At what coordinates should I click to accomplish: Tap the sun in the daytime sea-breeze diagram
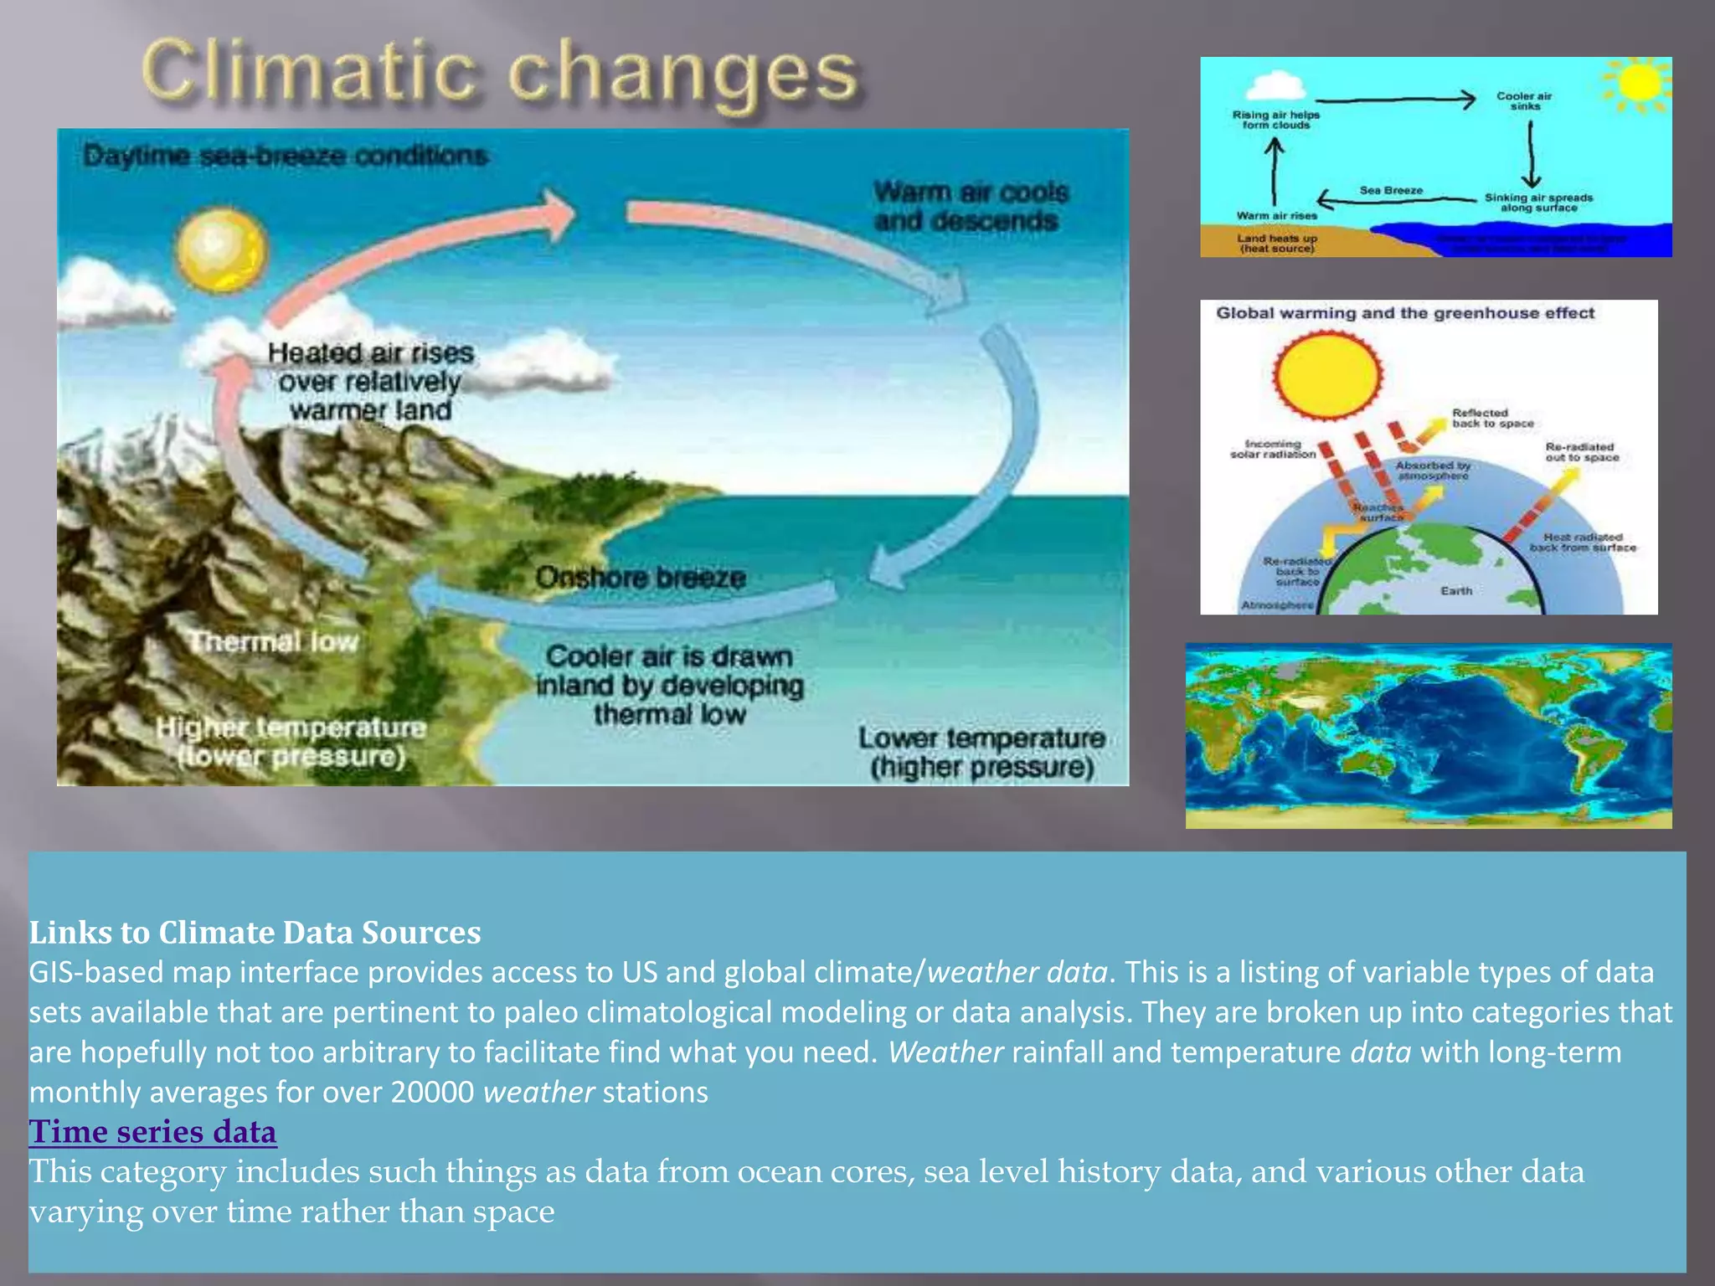[x=221, y=250]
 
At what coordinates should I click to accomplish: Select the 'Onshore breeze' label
[x=641, y=578]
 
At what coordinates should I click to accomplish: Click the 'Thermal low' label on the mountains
[x=274, y=642]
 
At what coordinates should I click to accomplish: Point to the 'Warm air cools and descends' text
[x=971, y=207]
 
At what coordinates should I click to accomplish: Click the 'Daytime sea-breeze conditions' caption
[x=286, y=156]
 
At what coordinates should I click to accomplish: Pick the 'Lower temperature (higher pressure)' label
[x=981, y=753]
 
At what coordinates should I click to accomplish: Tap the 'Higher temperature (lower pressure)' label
[x=291, y=742]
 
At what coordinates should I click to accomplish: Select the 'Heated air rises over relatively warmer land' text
[x=371, y=382]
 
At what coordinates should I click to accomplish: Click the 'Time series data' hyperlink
[x=152, y=1132]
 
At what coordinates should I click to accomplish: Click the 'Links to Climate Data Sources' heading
[x=255, y=933]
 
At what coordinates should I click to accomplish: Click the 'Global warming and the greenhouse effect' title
[x=1405, y=313]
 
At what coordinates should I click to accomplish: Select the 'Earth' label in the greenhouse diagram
[x=1456, y=591]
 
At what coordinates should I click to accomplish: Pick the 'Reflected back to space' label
[x=1492, y=419]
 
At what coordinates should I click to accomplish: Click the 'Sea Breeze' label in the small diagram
[x=1391, y=191]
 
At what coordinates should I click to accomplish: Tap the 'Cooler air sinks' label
[x=1524, y=101]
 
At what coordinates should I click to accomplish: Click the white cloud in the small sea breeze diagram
[x=1275, y=86]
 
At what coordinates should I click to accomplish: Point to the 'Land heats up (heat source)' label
[x=1277, y=244]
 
